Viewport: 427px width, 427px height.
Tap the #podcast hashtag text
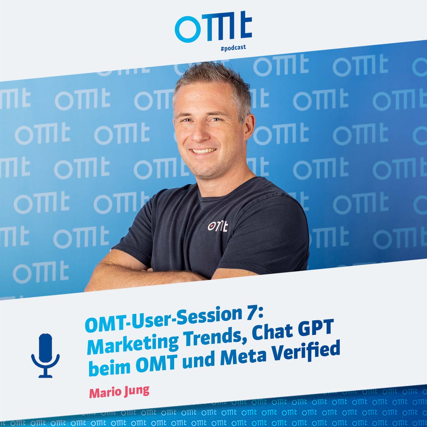(x=233, y=48)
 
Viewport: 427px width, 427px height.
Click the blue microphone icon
(x=45, y=355)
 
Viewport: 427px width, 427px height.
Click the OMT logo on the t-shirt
(x=217, y=226)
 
